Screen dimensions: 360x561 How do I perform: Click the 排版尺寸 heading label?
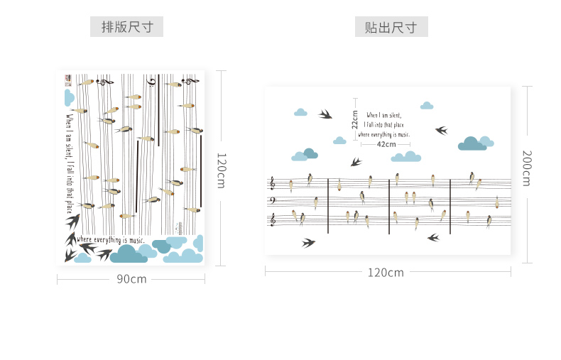tap(127, 27)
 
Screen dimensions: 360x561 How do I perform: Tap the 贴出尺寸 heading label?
tap(391, 27)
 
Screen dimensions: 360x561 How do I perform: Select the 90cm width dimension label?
tap(131, 279)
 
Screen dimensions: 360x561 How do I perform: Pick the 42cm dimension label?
tap(386, 144)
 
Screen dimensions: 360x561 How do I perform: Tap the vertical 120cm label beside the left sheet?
tap(220, 170)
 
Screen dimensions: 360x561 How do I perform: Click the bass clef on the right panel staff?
tap(272, 201)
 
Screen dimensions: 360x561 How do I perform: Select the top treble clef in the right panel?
tap(272, 184)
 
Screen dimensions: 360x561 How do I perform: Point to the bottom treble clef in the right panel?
tap(272, 220)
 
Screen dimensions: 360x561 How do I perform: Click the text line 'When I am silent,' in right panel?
tap(384, 114)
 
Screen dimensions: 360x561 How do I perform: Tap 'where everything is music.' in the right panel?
tap(384, 133)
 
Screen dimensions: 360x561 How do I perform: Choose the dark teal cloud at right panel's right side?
tap(472, 143)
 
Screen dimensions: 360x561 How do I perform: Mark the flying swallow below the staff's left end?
tap(308, 243)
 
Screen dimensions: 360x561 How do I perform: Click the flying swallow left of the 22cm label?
tap(325, 113)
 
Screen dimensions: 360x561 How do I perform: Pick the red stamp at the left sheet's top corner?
tap(68, 77)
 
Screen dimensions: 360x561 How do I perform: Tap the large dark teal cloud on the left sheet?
tap(129, 253)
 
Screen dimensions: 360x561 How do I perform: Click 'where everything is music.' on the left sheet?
tap(110, 240)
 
